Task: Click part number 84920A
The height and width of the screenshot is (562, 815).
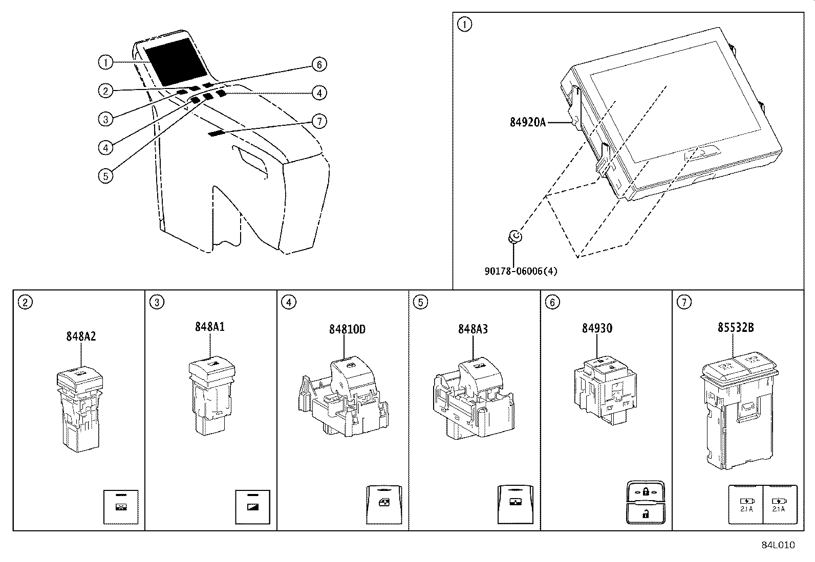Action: click(x=528, y=122)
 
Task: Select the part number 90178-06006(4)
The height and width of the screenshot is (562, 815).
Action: click(x=521, y=271)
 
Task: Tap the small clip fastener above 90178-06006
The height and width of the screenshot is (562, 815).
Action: click(x=515, y=236)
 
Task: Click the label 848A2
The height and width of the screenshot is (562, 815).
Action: click(x=81, y=336)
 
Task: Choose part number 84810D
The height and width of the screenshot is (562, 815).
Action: click(x=347, y=329)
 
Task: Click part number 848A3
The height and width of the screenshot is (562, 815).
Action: click(x=473, y=329)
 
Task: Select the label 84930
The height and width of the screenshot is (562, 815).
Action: click(x=596, y=328)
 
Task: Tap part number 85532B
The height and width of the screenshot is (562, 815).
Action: click(x=735, y=328)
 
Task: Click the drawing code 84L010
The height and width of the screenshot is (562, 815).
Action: click(x=778, y=545)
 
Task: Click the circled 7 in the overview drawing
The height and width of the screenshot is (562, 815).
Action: click(x=319, y=121)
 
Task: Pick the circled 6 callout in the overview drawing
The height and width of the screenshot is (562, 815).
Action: click(x=319, y=64)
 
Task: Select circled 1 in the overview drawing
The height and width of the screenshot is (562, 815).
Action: click(x=105, y=63)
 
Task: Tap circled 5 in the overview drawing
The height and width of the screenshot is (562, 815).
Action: click(x=105, y=176)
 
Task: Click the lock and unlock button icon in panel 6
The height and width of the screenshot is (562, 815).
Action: click(x=645, y=502)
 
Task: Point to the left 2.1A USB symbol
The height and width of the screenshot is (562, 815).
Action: click(x=746, y=505)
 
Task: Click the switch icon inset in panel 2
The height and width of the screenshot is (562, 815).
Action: click(x=121, y=507)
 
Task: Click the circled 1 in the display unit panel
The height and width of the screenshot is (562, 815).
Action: click(x=464, y=24)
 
